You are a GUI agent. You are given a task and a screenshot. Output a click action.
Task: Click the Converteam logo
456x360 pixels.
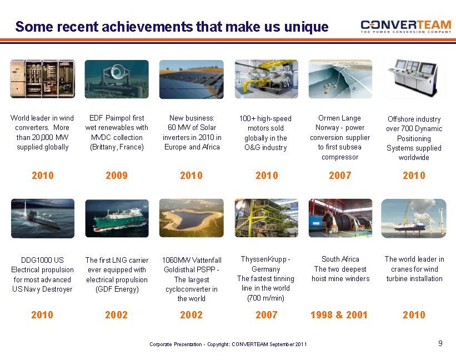click(x=405, y=27)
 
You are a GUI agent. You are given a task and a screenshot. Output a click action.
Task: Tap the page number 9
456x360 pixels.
click(x=440, y=343)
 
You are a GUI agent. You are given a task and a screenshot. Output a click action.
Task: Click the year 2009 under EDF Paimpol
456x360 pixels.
click(x=117, y=176)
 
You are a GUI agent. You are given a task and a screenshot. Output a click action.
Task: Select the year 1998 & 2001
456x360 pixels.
click(x=339, y=315)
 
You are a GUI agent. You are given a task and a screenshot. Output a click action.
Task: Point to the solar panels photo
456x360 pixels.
click(x=192, y=79)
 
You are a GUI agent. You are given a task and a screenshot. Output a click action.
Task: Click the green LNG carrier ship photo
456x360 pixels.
click(x=117, y=218)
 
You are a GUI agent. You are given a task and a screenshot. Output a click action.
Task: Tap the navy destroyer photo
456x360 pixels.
click(x=43, y=218)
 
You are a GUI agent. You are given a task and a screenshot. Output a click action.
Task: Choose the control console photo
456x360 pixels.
click(x=414, y=78)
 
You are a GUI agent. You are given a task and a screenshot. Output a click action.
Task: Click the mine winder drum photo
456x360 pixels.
click(x=340, y=218)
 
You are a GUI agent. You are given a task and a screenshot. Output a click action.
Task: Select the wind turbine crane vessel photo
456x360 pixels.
click(x=414, y=218)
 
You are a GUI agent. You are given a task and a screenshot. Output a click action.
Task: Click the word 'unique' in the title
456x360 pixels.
click(x=307, y=27)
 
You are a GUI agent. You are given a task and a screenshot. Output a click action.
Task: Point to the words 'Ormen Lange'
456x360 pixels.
click(x=340, y=118)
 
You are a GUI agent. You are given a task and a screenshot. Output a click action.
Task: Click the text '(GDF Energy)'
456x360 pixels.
click(x=117, y=289)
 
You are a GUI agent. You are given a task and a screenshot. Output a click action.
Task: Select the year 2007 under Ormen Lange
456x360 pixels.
click(x=340, y=176)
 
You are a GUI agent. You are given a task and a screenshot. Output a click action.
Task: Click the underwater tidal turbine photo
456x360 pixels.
click(x=117, y=79)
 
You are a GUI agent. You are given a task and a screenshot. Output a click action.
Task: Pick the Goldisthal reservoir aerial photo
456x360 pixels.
click(x=192, y=218)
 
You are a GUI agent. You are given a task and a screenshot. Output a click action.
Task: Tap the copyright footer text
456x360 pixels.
click(x=228, y=344)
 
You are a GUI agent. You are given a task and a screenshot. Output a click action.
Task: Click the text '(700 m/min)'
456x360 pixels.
click(x=266, y=298)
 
